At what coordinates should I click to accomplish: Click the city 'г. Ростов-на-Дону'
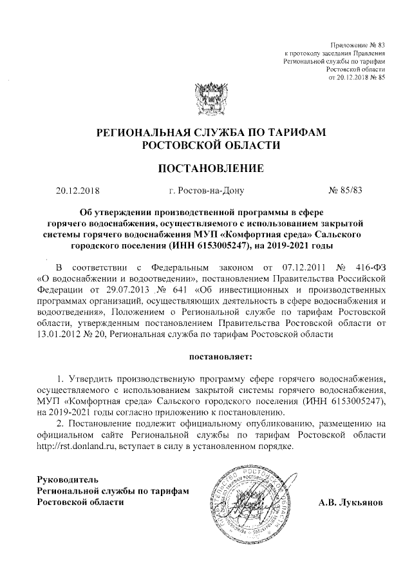click(x=205, y=191)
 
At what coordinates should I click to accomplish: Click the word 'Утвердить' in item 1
click(x=96, y=378)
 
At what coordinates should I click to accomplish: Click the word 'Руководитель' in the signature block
click(x=67, y=480)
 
